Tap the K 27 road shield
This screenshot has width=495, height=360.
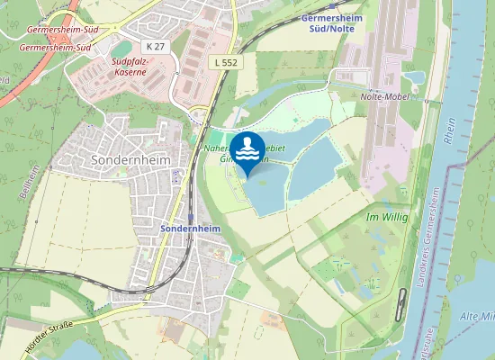tap(156, 45)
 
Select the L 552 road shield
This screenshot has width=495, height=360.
tap(227, 61)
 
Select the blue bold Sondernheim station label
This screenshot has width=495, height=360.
tap(190, 229)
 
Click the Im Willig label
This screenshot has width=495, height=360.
tap(388, 218)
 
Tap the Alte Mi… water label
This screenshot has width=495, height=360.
tap(477, 317)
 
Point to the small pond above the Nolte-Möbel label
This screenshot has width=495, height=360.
tap(416, 80)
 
